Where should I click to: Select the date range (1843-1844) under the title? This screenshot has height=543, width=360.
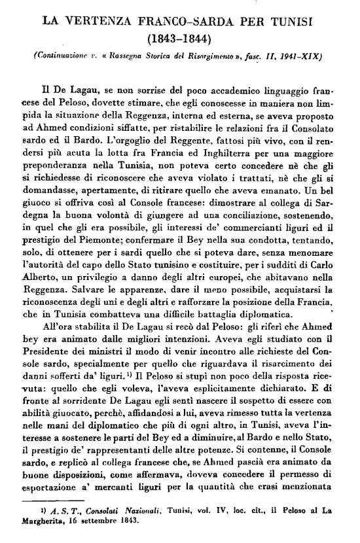[x=181, y=39]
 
